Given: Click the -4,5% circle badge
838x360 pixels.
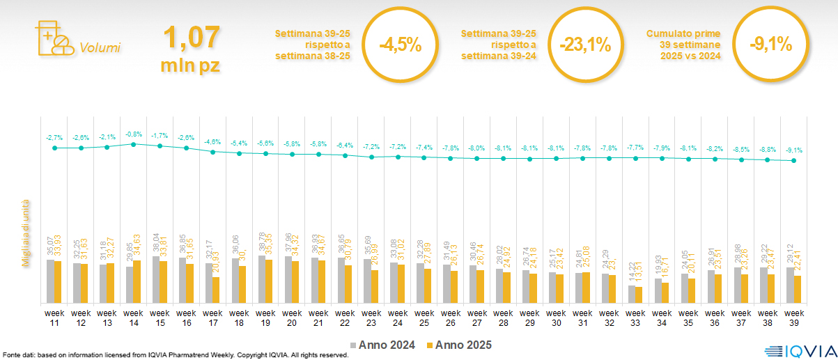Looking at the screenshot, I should [400, 45].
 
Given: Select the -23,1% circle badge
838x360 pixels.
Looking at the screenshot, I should [585, 45].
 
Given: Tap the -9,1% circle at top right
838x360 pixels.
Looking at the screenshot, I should [770, 45].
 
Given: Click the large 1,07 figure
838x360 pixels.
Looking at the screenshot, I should [191, 38].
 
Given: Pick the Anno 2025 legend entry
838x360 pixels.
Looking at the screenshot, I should [459, 345].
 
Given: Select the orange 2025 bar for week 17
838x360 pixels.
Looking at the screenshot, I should [216, 290].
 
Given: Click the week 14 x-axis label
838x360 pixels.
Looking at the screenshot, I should [134, 318].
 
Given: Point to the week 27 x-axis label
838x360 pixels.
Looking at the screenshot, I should [477, 318].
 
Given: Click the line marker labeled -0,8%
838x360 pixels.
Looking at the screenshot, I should [134, 144].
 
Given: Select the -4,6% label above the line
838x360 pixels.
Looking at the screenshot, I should [212, 142].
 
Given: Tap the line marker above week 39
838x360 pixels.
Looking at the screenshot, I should [794, 161].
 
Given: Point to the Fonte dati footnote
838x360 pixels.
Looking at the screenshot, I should [175, 355].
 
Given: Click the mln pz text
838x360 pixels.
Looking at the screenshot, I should [191, 65].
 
